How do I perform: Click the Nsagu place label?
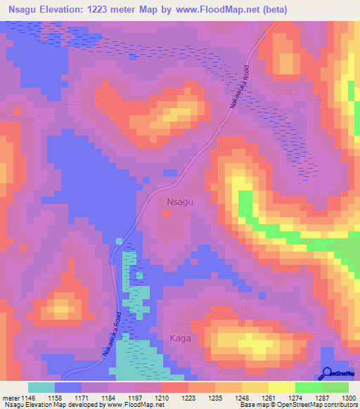[x=180, y=201]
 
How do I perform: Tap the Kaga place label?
[x=180, y=339]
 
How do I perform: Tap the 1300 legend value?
[x=349, y=398]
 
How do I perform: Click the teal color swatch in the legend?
[x=41, y=387]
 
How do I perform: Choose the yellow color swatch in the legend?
[x=282, y=387]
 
